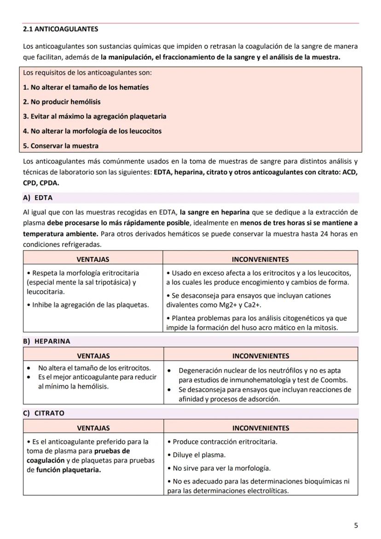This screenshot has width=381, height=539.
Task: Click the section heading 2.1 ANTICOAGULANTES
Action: click(60, 29)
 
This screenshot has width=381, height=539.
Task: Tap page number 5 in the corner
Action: click(356, 525)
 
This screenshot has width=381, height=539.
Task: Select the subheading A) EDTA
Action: click(38, 198)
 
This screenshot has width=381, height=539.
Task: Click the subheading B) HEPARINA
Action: click(47, 342)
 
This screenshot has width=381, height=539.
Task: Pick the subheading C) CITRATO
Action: click(44, 413)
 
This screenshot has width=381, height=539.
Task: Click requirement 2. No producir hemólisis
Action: click(62, 102)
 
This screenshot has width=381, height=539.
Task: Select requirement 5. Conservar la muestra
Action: click(61, 146)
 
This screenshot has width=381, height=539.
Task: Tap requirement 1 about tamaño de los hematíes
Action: click(86, 87)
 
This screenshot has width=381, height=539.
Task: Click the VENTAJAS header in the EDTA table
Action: click(93, 260)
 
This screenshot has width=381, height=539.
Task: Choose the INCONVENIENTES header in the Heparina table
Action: click(260, 356)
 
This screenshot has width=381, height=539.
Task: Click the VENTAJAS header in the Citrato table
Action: click(93, 428)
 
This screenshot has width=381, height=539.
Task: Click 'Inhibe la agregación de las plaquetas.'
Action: click(88, 305)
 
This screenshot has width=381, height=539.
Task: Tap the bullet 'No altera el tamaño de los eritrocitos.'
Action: click(94, 368)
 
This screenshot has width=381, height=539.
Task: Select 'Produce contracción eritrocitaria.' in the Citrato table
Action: click(222, 442)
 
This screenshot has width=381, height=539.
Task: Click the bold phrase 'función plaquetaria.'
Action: click(68, 470)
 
